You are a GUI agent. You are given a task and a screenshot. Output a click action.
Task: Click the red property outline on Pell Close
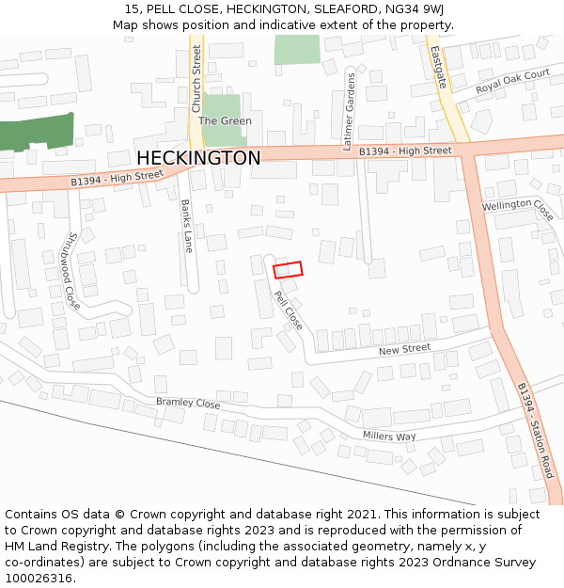(x=289, y=270)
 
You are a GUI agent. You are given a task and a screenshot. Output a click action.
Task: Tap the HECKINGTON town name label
(x=198, y=158)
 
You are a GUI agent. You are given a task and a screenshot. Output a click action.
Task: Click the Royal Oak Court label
(x=512, y=81)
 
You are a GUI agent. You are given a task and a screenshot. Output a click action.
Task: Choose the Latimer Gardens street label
(x=350, y=111)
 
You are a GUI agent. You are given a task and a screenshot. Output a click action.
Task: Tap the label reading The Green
(x=225, y=121)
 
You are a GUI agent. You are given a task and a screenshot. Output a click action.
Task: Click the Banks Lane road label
(x=187, y=226)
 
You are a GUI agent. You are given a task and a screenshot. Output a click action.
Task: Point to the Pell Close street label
(x=289, y=311)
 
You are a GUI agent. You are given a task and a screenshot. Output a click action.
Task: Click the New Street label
(x=404, y=349)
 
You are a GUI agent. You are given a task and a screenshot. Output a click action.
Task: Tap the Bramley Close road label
(x=188, y=403)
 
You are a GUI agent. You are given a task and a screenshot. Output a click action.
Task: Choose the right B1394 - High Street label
(x=405, y=151)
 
